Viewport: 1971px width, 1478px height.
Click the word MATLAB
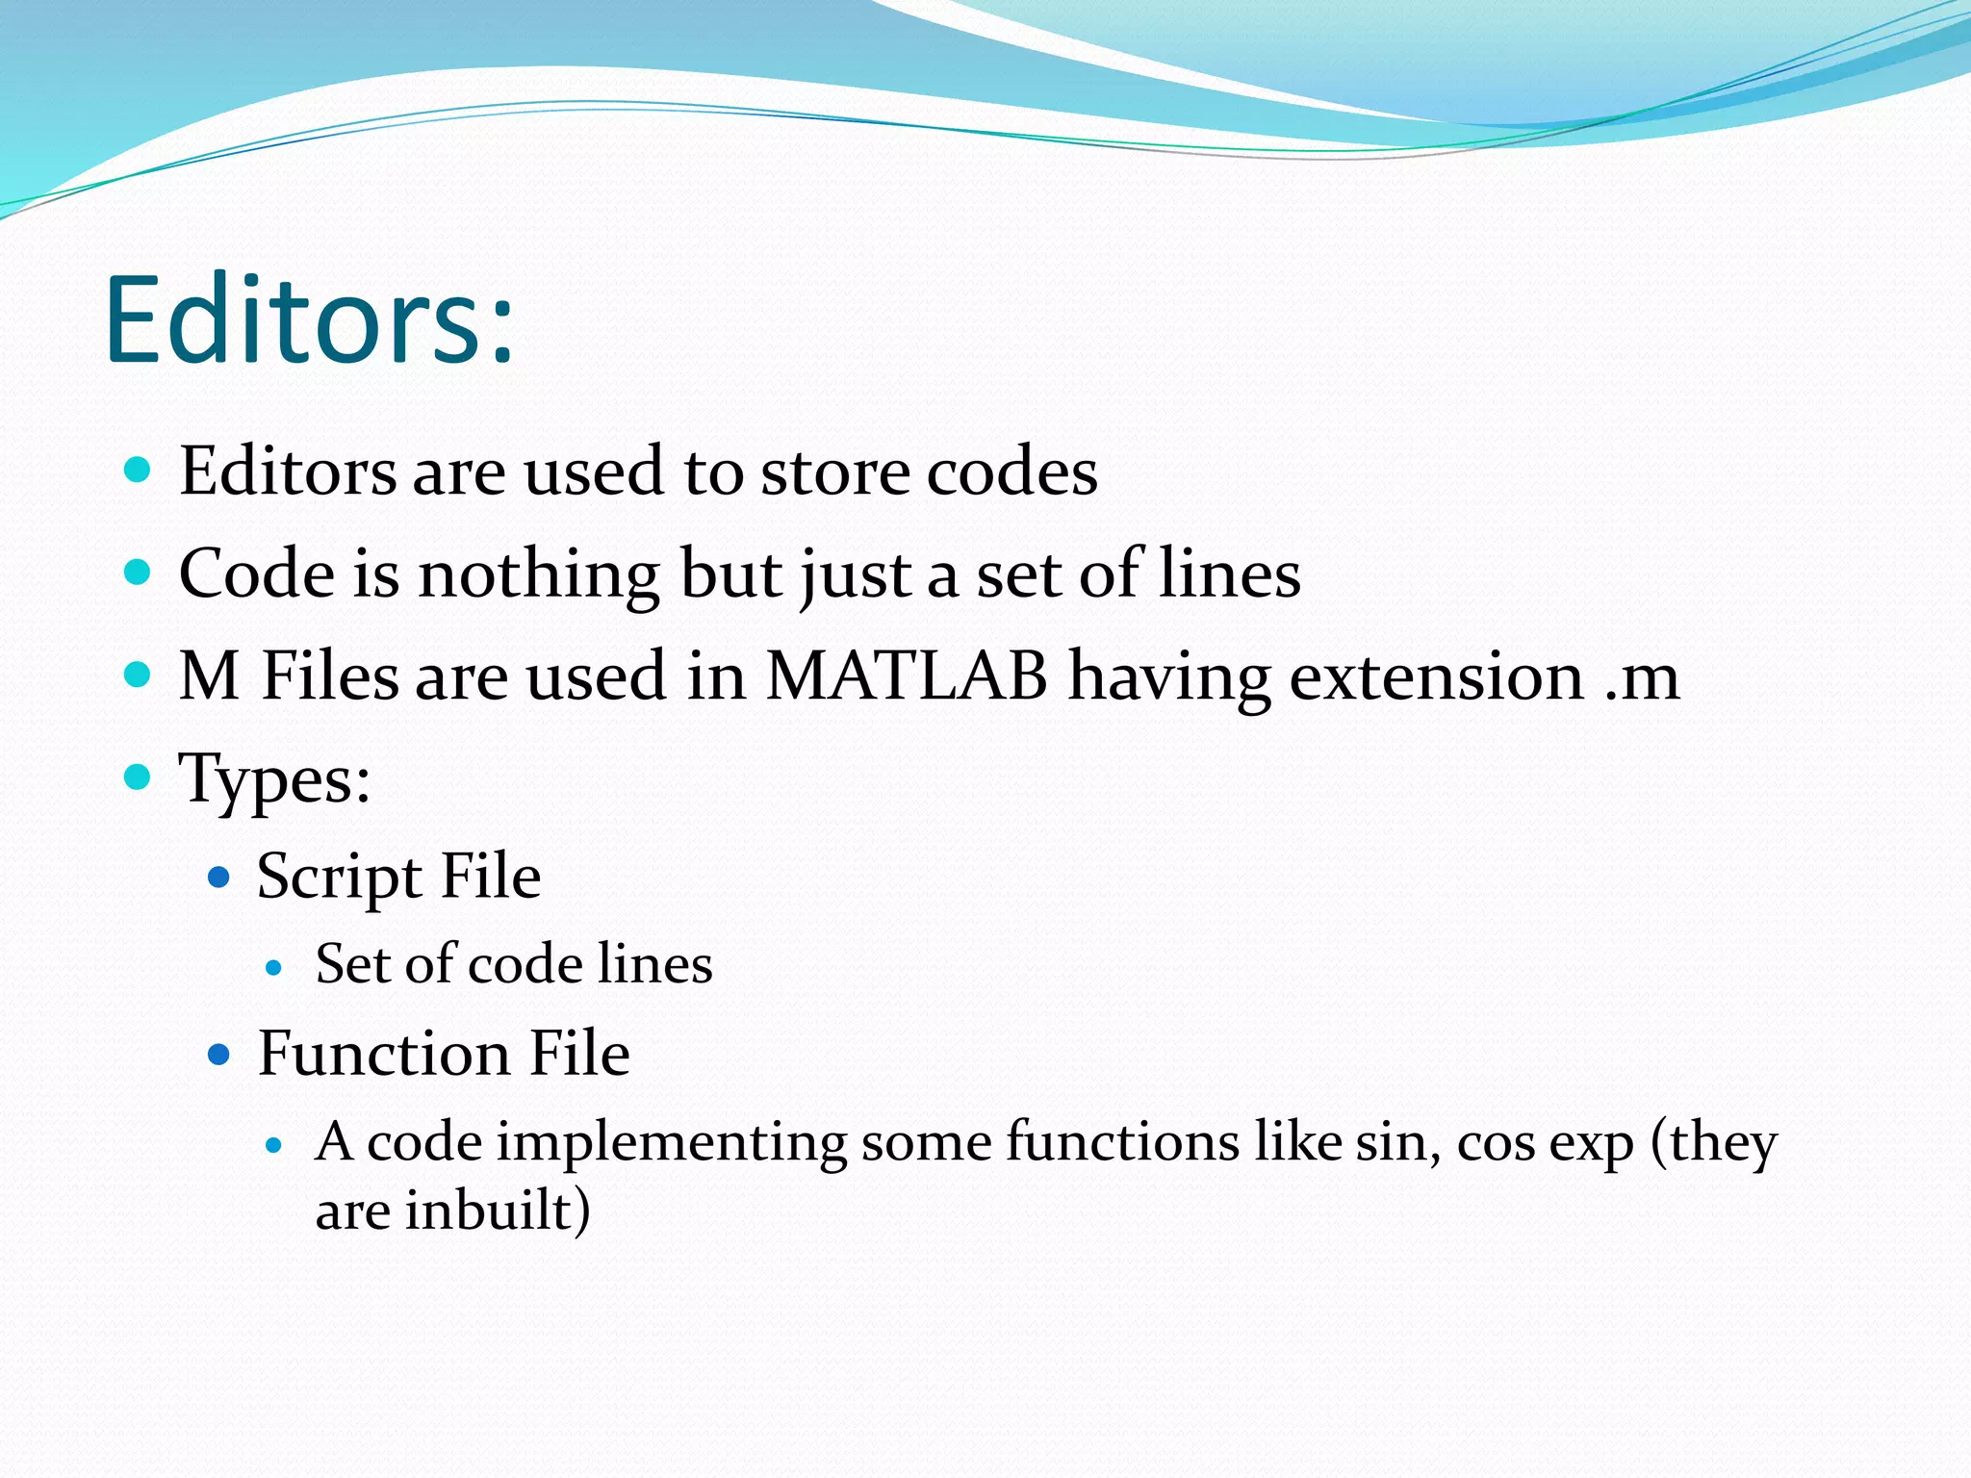click(906, 675)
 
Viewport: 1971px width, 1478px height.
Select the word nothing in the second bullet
click(538, 574)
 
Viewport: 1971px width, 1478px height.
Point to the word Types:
click(275, 778)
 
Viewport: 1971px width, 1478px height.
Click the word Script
click(339, 878)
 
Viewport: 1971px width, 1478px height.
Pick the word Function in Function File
click(383, 1053)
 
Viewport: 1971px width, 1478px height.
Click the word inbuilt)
click(497, 1210)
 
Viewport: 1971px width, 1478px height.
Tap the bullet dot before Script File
click(219, 878)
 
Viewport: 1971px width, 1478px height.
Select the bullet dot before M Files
click(138, 674)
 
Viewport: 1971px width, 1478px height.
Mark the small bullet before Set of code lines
click(274, 968)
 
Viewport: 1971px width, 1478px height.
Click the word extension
click(1436, 675)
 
